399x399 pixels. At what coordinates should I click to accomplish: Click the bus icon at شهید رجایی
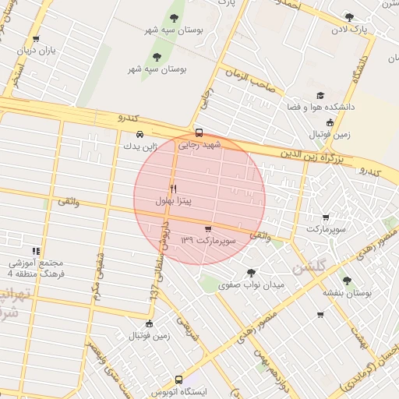click(x=199, y=132)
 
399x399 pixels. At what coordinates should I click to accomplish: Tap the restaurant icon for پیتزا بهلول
click(x=173, y=189)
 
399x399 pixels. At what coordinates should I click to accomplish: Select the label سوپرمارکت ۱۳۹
click(x=207, y=241)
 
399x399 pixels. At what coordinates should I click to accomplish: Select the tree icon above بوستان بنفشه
click(x=347, y=281)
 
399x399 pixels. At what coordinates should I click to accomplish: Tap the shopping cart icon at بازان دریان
click(x=36, y=39)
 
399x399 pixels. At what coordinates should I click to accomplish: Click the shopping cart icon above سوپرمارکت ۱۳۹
click(x=207, y=229)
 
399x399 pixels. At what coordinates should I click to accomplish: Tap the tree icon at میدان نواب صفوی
click(x=250, y=273)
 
